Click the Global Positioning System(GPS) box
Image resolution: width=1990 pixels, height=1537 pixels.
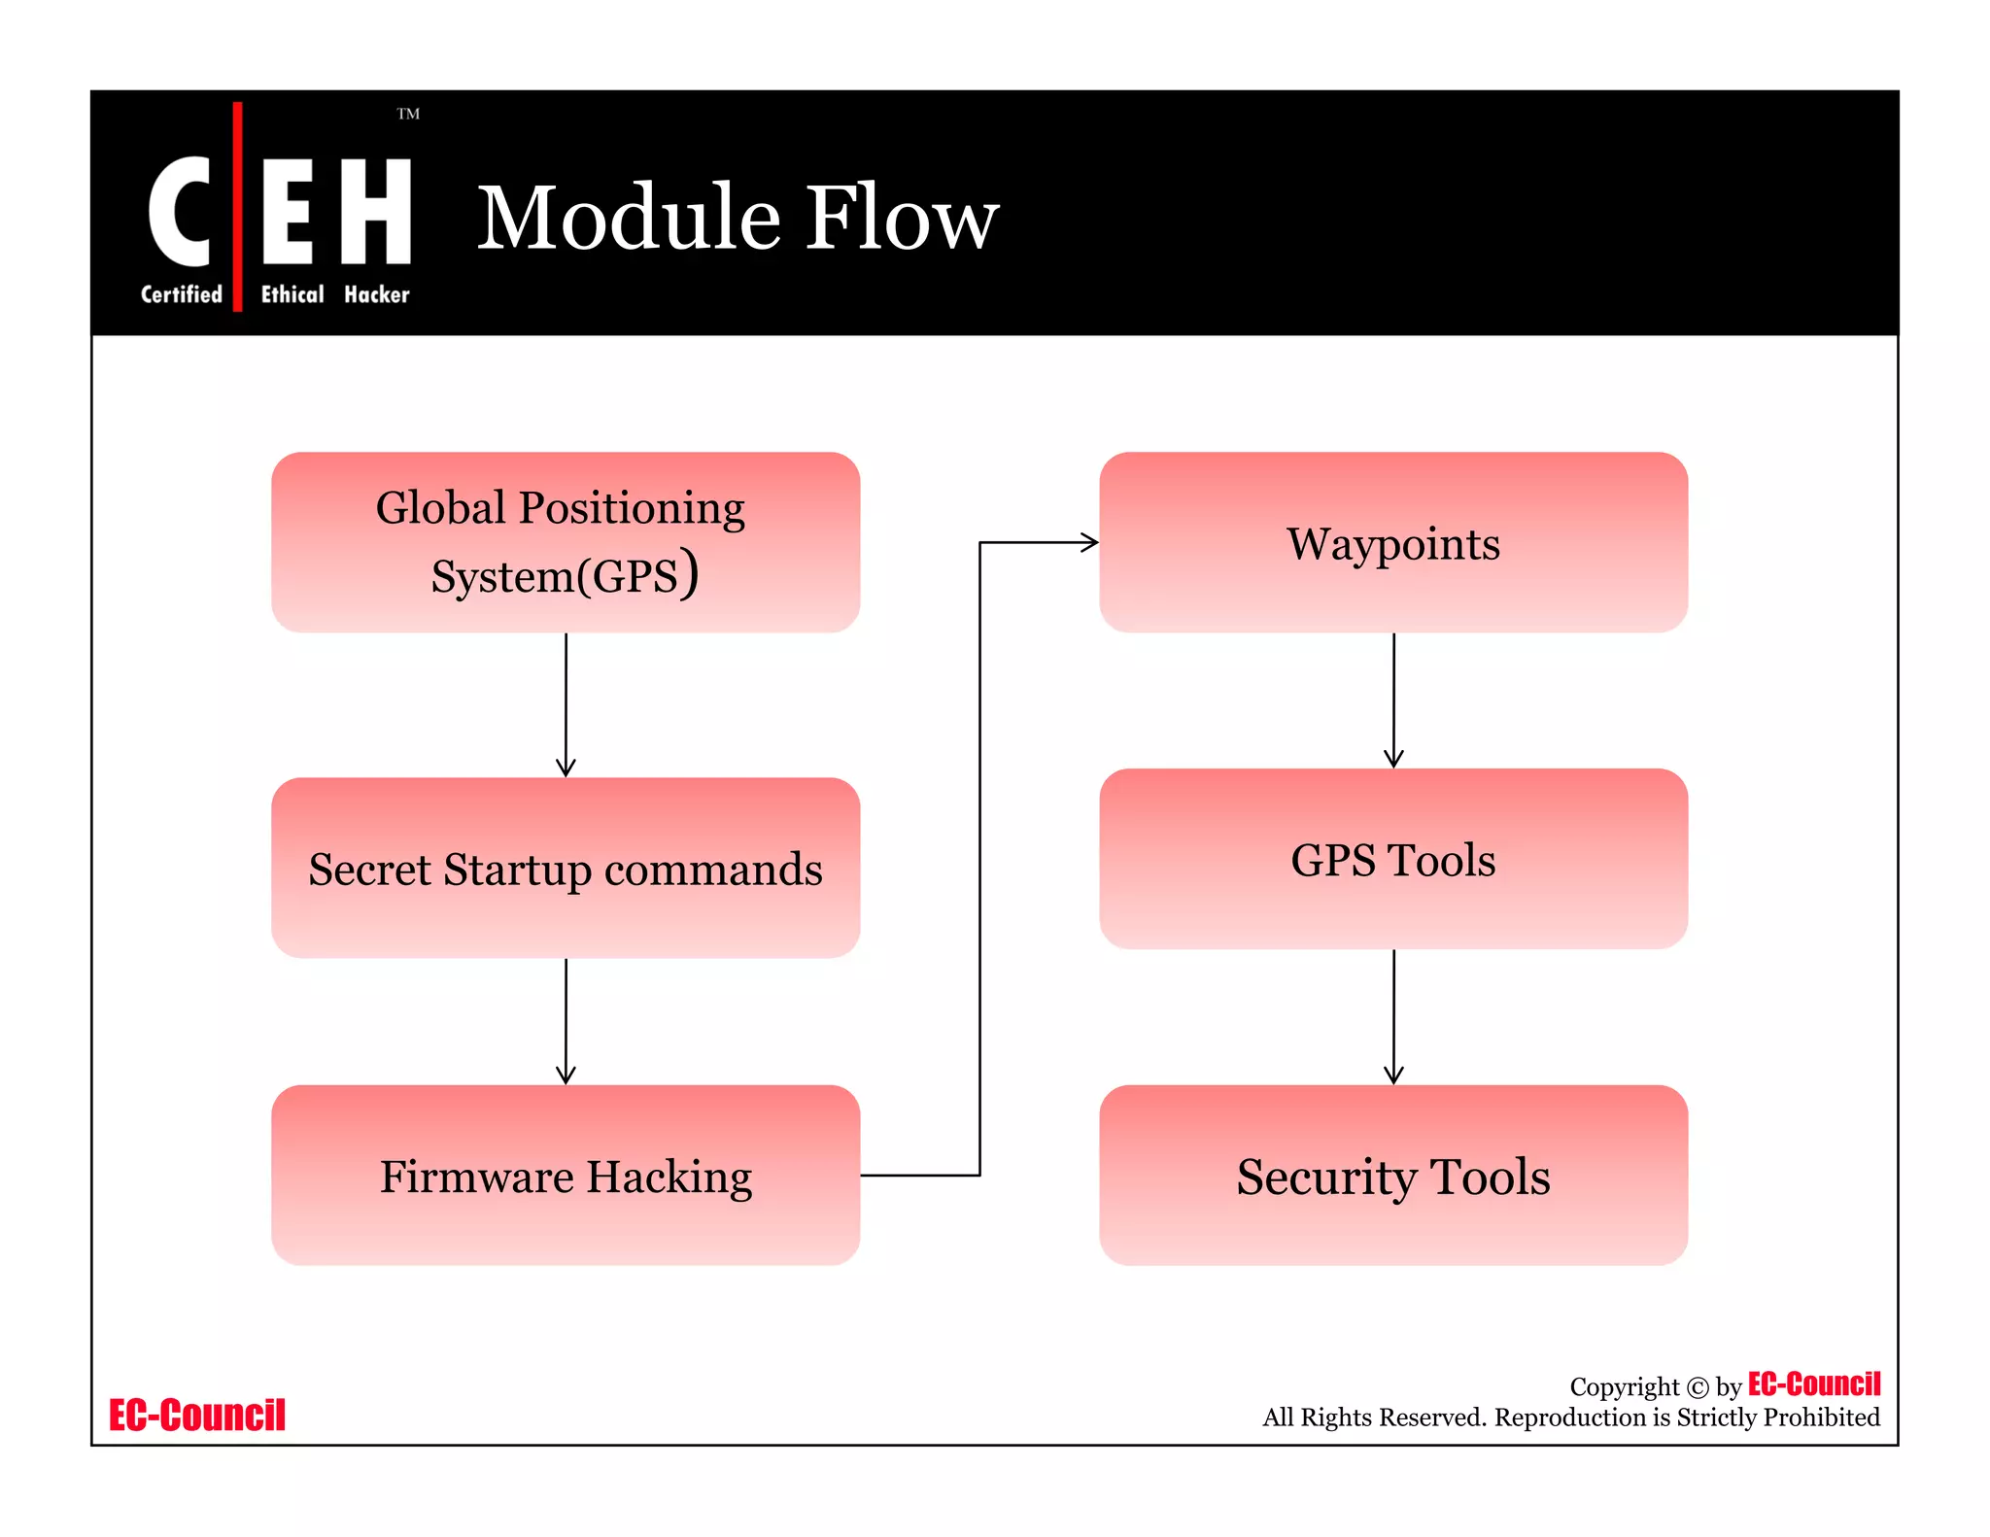pyautogui.click(x=566, y=542)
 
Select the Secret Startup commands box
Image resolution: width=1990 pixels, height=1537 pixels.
pyautogui.click(x=566, y=868)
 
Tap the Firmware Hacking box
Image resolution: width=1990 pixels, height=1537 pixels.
pyautogui.click(x=566, y=1176)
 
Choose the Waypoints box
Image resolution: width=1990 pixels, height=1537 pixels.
pyautogui.click(x=1393, y=542)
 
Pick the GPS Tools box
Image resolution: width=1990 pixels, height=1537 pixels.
pyautogui.click(x=1393, y=859)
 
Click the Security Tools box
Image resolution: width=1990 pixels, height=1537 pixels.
pyautogui.click(x=1393, y=1176)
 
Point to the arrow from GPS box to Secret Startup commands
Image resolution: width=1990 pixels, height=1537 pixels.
pyautogui.click(x=566, y=704)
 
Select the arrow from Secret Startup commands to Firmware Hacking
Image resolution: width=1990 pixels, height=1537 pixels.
pyautogui.click(x=566, y=1020)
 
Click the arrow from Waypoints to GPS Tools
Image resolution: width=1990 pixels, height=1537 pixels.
pyautogui.click(x=1393, y=700)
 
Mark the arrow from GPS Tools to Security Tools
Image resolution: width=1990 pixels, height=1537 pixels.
pyautogui.click(x=1393, y=1016)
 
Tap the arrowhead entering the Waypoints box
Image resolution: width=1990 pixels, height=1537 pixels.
pyautogui.click(x=1089, y=542)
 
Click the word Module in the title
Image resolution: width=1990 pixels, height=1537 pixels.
pyautogui.click(x=630, y=218)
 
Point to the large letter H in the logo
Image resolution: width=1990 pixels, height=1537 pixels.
pyautogui.click(x=375, y=211)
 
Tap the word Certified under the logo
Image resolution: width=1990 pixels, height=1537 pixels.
pyautogui.click(x=182, y=294)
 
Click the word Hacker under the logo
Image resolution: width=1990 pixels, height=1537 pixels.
pyautogui.click(x=377, y=294)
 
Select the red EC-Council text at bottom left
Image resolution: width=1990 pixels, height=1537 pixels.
pyautogui.click(x=197, y=1416)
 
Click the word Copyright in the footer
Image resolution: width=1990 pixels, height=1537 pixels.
pyautogui.click(x=1624, y=1387)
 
